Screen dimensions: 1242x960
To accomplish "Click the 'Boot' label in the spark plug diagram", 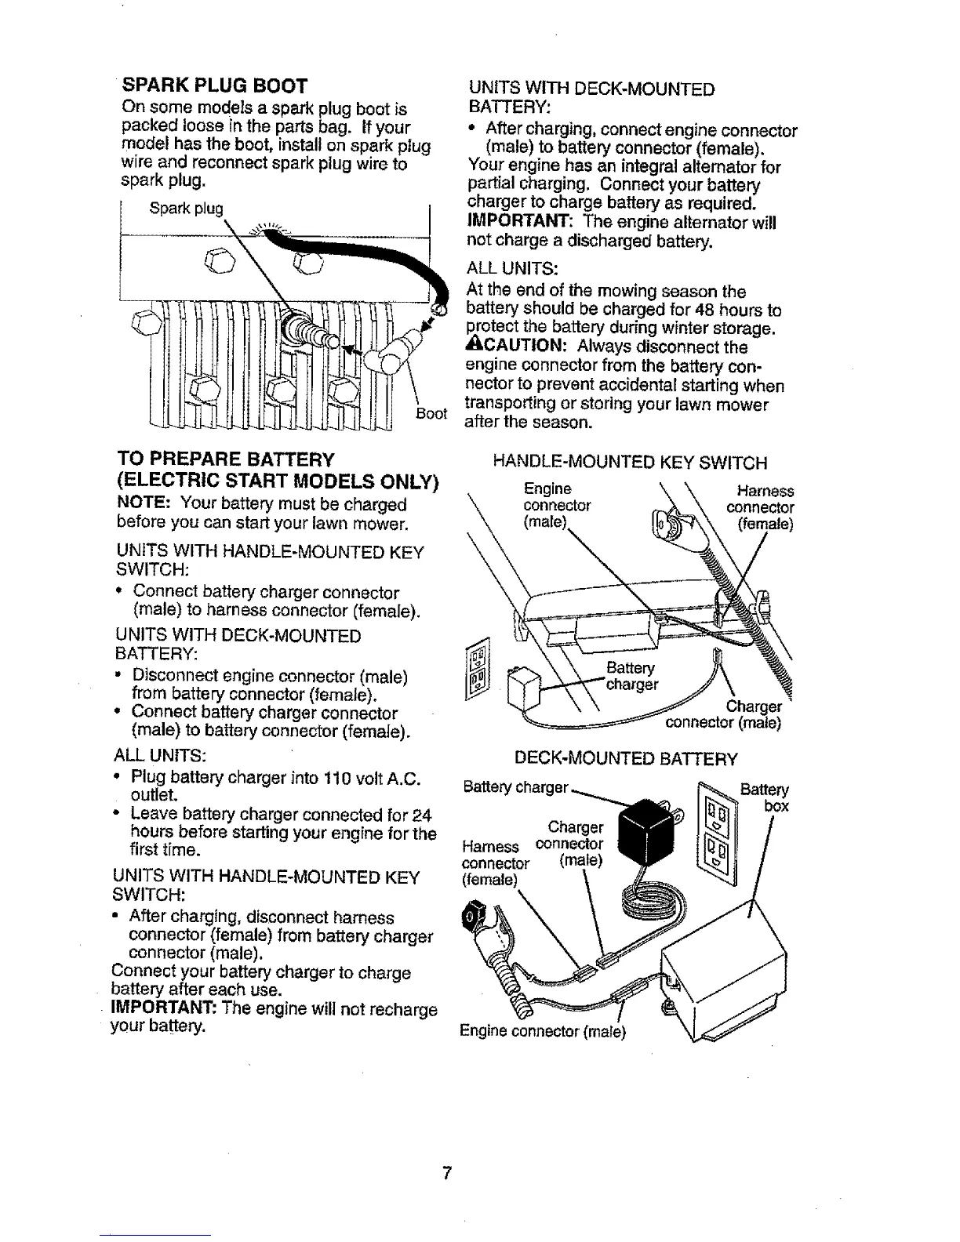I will (x=431, y=413).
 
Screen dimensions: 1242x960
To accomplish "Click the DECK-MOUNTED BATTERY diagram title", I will (x=625, y=758).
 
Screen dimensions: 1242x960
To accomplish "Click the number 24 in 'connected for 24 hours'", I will (x=422, y=815).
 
